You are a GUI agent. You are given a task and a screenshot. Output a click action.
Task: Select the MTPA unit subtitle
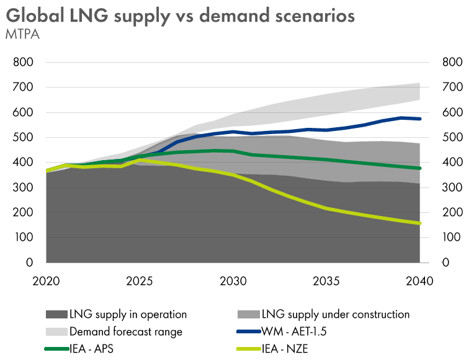tap(23, 35)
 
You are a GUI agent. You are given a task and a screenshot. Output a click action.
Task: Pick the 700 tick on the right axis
tap(452, 88)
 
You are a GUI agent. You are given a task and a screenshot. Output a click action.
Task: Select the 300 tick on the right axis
tap(452, 187)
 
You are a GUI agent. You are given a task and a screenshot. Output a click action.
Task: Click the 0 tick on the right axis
tap(445, 263)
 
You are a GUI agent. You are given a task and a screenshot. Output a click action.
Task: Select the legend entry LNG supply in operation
tap(128, 314)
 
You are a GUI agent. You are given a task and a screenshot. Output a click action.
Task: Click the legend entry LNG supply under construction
tap(336, 314)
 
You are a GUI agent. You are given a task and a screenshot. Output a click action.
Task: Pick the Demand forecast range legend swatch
tap(56, 331)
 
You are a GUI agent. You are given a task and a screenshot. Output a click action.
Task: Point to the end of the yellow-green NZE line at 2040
tap(420, 223)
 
